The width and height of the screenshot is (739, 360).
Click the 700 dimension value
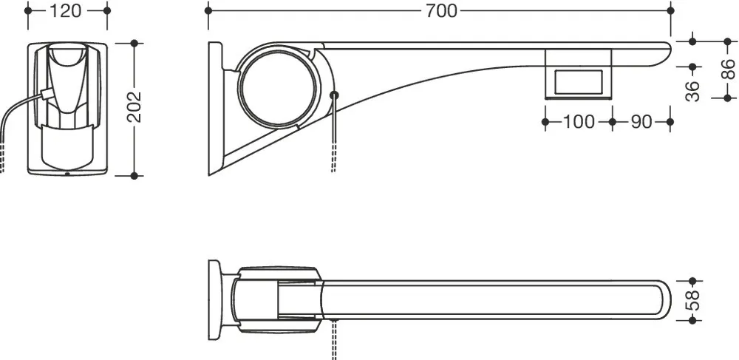point(441,11)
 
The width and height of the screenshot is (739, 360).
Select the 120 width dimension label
point(65,11)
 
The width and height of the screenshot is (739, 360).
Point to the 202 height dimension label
point(134,107)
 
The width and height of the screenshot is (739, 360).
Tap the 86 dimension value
point(728,69)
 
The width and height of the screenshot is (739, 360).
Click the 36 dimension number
point(692,91)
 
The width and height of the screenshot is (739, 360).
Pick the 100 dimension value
point(579,121)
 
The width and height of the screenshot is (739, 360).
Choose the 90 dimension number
point(641,121)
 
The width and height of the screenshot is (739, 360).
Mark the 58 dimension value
point(692,300)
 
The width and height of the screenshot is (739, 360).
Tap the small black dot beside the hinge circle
point(334,95)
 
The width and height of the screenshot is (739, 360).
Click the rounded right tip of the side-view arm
point(667,50)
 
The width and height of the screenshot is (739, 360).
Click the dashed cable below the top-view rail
point(334,339)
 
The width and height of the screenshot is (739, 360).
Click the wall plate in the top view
point(214,300)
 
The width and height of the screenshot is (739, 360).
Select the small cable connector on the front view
point(45,94)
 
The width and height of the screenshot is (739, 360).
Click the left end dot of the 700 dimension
point(208,10)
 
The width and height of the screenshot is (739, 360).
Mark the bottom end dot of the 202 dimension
point(134,176)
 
